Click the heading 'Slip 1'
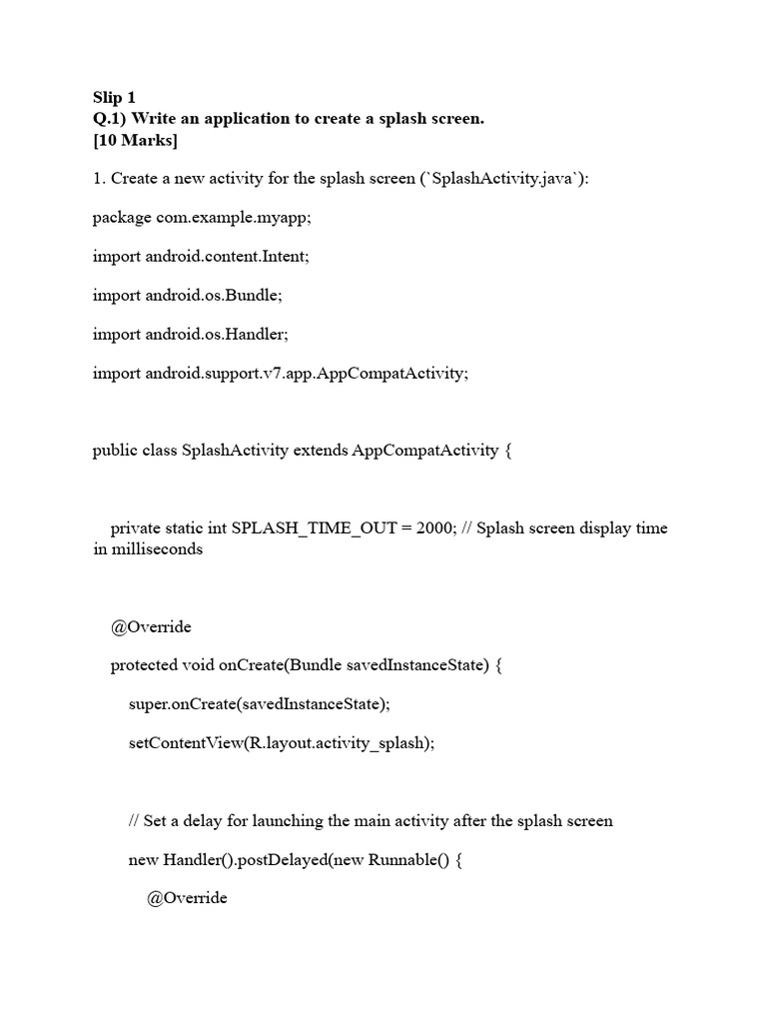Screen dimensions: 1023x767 click(x=114, y=97)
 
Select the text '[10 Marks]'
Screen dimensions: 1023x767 click(x=135, y=140)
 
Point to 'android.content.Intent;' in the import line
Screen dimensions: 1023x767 click(x=228, y=256)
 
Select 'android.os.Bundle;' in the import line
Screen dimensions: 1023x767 click(x=217, y=295)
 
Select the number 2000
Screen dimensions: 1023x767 click(x=435, y=527)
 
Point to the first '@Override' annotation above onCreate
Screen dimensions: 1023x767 click(x=151, y=626)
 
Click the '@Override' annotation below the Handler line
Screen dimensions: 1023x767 click(x=187, y=897)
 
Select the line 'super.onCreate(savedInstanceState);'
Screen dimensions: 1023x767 click(x=259, y=704)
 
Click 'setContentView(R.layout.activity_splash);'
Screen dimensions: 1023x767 click(x=282, y=743)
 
